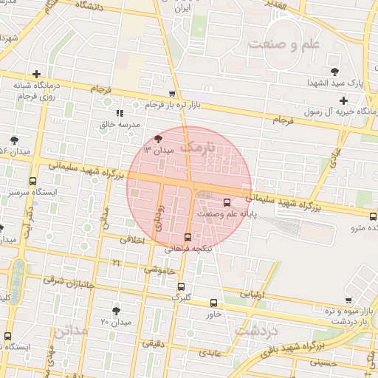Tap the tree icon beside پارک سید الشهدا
click(x=336, y=72)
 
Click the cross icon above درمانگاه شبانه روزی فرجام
click(x=36, y=75)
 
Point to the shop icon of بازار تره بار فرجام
click(x=172, y=94)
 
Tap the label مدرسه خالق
click(x=120, y=125)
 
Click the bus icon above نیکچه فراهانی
click(x=188, y=238)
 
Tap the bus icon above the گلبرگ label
click(x=181, y=287)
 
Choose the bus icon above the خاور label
click(x=213, y=303)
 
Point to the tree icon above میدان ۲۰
click(x=116, y=311)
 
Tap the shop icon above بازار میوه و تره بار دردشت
click(x=348, y=300)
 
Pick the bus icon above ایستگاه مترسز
click(x=32, y=181)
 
